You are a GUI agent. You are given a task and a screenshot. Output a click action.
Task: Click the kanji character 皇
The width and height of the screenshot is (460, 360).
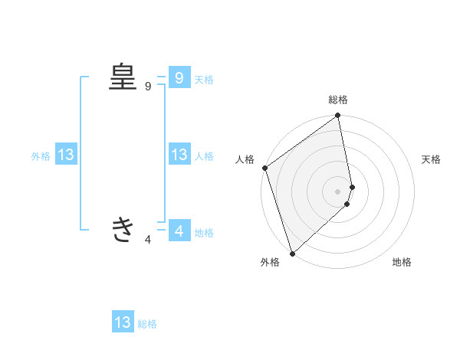[x=123, y=77]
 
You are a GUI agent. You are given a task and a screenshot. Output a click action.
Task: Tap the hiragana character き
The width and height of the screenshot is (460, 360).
[x=123, y=229]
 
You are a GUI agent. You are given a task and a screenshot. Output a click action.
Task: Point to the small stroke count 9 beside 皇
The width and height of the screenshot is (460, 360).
[x=148, y=87]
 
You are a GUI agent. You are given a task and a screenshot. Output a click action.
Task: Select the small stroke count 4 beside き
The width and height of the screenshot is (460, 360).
[x=148, y=240]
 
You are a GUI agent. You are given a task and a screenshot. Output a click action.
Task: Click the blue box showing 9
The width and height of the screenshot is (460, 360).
[x=179, y=77]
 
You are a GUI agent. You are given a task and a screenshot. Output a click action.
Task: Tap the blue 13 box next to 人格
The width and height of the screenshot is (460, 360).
[x=179, y=155]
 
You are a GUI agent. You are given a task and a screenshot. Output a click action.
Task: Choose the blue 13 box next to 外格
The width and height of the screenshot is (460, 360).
[x=65, y=155]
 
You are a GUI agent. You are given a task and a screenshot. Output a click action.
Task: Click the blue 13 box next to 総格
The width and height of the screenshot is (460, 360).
[x=123, y=322]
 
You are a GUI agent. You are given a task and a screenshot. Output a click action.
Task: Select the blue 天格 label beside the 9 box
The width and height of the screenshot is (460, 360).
[x=204, y=79]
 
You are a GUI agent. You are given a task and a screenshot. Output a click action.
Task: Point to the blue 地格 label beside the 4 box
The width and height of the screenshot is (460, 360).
[x=204, y=232]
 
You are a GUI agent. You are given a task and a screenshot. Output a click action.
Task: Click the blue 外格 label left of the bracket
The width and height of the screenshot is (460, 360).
[x=41, y=156]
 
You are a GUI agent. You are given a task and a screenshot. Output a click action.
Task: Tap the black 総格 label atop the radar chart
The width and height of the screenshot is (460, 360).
[x=338, y=100]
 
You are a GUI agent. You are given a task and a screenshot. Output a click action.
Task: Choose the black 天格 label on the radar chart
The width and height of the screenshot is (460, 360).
[x=432, y=159]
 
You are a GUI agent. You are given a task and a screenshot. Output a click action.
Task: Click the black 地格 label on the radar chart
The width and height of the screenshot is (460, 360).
[x=402, y=262]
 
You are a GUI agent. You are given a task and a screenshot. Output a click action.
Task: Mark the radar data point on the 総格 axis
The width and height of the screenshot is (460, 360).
[x=338, y=116]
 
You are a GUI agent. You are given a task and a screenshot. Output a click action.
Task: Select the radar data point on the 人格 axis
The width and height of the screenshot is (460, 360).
[x=264, y=168]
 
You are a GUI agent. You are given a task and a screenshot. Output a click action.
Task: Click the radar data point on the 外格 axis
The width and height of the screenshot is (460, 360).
[x=292, y=253]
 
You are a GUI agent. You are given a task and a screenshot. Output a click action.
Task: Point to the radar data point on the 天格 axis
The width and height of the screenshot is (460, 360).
[x=352, y=186]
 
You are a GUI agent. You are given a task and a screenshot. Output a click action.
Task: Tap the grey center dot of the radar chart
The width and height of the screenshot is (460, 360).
[x=338, y=191]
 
